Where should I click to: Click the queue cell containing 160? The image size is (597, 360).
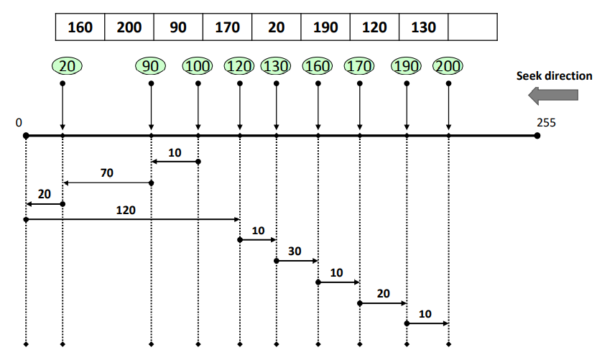point(80,27)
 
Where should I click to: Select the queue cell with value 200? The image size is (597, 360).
point(129,27)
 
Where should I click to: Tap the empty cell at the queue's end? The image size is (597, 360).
point(472,27)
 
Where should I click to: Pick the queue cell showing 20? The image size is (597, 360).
point(277,27)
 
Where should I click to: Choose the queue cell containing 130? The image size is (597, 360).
point(423,27)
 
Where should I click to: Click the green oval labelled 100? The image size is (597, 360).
point(198,66)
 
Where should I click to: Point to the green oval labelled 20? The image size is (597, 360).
point(67,66)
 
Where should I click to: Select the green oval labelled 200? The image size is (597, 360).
point(448,66)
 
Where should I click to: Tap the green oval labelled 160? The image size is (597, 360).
point(318,66)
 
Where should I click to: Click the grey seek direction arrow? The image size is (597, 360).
point(552,94)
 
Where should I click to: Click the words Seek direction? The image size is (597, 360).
point(555,75)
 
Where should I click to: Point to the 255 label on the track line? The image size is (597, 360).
point(546,122)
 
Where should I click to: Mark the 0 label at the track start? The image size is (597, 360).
point(18,122)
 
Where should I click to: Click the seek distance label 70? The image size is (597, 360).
point(107,173)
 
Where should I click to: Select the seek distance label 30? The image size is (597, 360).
point(295,251)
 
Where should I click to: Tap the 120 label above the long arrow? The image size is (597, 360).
point(126,210)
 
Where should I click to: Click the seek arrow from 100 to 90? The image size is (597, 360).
point(175,162)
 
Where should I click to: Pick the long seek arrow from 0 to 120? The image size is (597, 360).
point(132,218)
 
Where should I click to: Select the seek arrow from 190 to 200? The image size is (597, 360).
point(427,323)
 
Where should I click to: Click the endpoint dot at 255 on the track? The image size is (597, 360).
point(537,135)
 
